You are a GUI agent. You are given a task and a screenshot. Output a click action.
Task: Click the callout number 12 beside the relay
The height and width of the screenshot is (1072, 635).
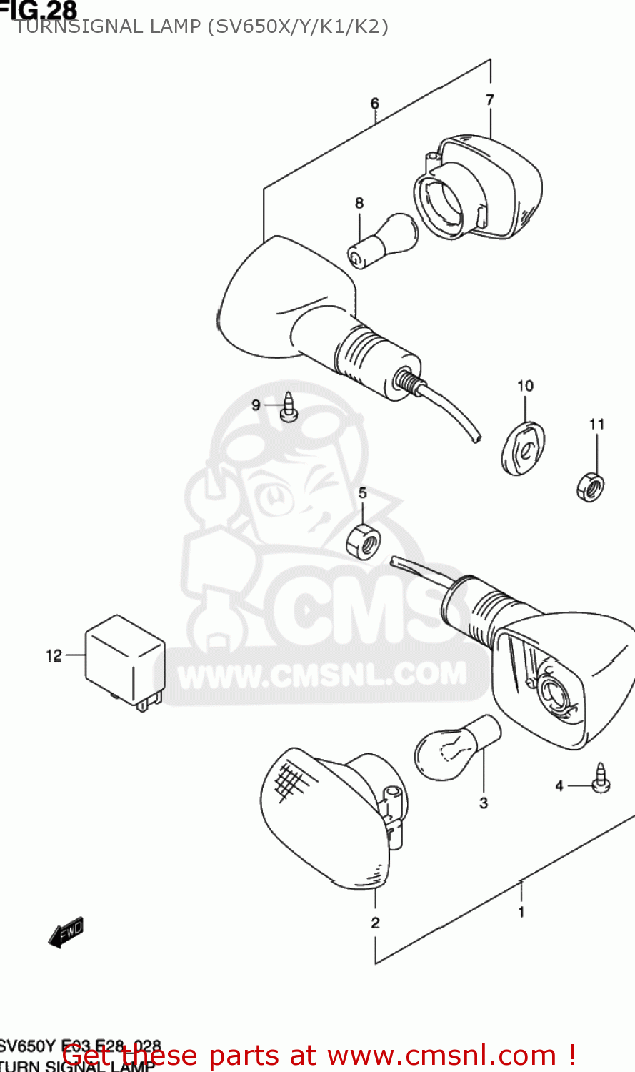point(54,655)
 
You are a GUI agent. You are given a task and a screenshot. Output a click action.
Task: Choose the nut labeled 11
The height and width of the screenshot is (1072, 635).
point(591,487)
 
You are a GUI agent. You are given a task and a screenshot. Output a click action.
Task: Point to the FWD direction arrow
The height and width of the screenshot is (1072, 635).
point(66,932)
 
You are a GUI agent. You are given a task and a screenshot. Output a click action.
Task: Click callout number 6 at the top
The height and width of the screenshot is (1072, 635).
point(375,104)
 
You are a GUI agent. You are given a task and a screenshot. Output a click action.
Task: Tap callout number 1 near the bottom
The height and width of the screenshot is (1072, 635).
point(521,911)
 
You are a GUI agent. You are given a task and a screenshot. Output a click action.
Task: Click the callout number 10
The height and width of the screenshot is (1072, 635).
point(525,386)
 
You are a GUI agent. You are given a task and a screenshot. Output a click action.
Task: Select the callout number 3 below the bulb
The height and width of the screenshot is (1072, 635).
point(484,803)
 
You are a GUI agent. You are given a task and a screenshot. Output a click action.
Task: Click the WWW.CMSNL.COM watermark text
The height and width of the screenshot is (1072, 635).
point(321,675)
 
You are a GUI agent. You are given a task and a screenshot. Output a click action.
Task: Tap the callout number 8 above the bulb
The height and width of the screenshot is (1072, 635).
point(359,203)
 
